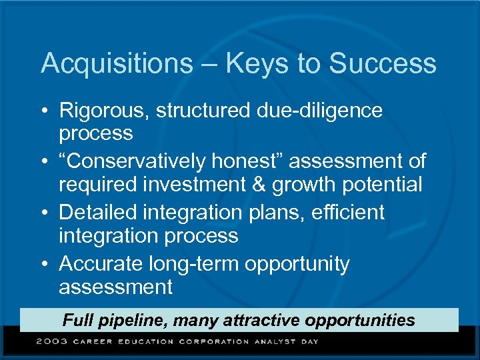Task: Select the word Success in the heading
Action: (383, 63)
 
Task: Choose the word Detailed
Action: (99, 213)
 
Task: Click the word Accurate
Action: (101, 264)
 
